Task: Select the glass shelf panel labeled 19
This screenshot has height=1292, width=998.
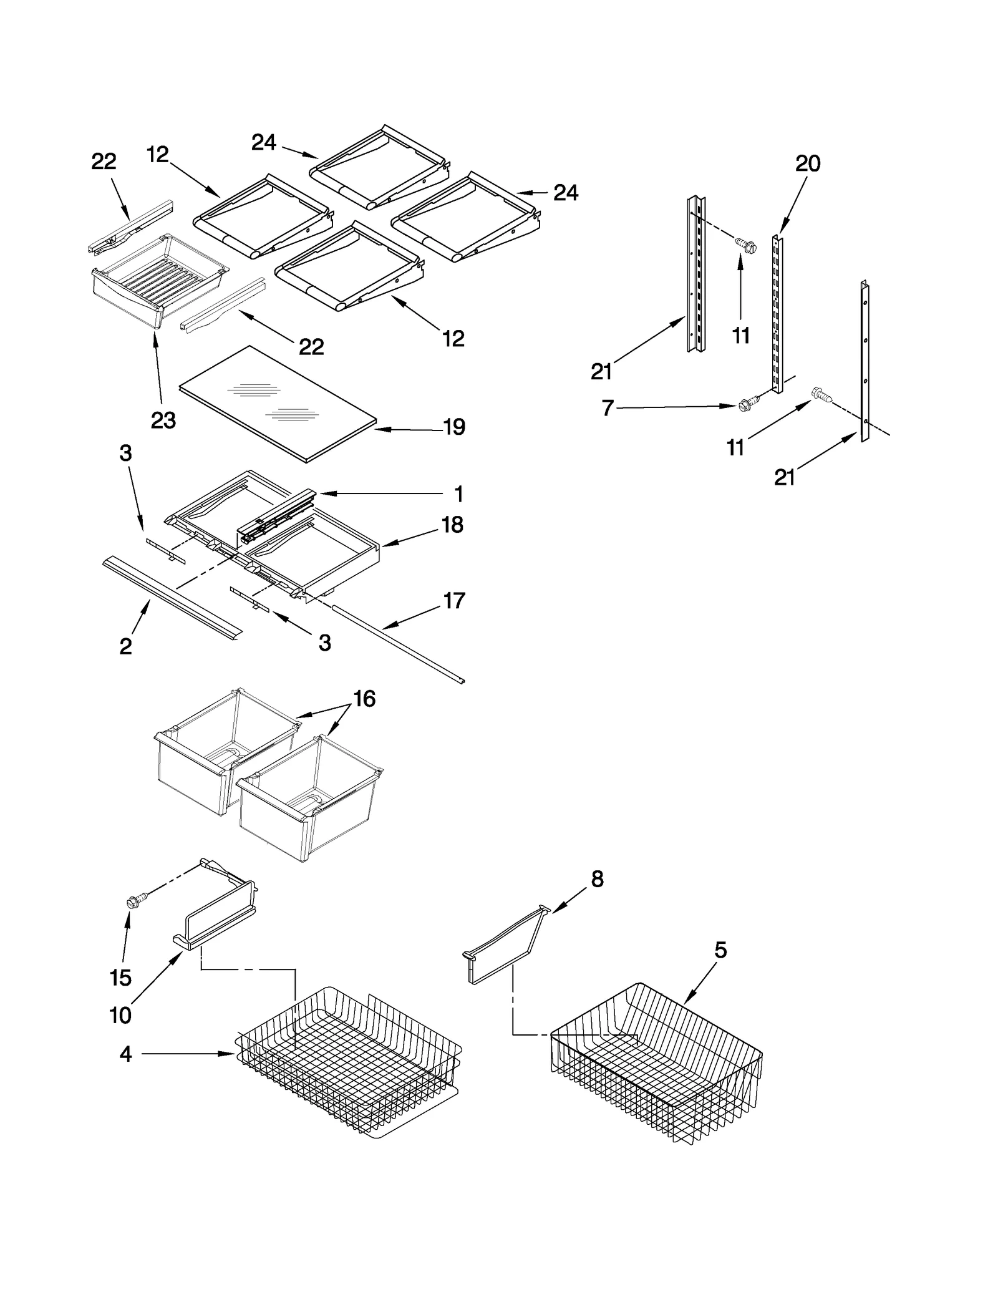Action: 278,404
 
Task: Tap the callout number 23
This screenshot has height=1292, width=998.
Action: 163,420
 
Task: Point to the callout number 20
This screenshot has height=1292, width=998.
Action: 807,163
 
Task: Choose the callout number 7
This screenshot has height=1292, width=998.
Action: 607,409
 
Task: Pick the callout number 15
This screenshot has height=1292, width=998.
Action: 120,978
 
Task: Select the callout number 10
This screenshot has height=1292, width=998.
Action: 120,1016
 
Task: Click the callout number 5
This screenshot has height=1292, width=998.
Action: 720,951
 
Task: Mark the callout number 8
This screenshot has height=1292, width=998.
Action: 597,879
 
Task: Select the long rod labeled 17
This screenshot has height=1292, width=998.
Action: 399,643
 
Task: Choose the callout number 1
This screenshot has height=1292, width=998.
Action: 458,494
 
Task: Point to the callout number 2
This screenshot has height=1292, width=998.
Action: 125,646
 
